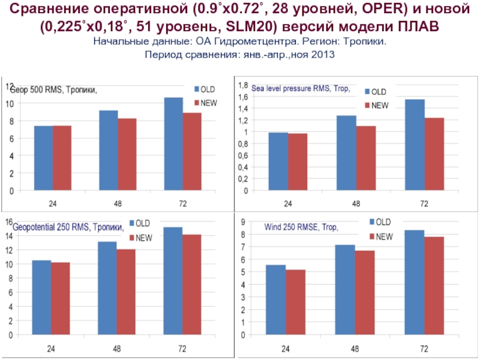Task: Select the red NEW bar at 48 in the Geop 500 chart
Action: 127,155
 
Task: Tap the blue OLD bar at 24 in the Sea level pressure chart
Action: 278,161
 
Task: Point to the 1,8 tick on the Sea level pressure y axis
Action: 244,85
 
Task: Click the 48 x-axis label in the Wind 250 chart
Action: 356,348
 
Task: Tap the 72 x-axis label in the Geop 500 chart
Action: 183,203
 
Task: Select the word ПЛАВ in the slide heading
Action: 418,27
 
